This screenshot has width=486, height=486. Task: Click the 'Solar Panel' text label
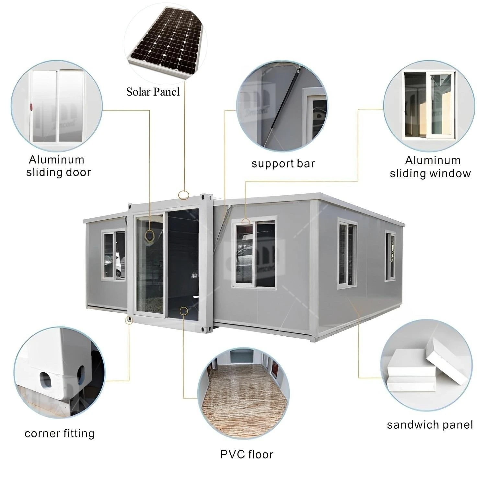tap(153, 92)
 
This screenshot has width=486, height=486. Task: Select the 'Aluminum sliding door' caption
tap(58, 166)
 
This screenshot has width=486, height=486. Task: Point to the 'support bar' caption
tap(283, 164)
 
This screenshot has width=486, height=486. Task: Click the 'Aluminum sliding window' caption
tap(430, 167)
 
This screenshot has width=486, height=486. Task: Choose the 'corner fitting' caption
tap(60, 434)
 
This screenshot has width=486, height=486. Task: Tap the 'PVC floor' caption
tap(247, 454)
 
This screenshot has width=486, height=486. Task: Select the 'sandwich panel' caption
tap(430, 425)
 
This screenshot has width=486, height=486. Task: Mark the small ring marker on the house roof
tap(184, 195)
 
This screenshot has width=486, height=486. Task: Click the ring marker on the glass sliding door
tap(150, 234)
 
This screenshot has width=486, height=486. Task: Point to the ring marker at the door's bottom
tap(184, 311)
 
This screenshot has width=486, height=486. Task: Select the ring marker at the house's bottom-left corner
tap(129, 320)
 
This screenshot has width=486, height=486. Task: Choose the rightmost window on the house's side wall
tap(390, 256)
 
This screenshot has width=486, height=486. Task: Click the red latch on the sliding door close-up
tap(31, 106)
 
